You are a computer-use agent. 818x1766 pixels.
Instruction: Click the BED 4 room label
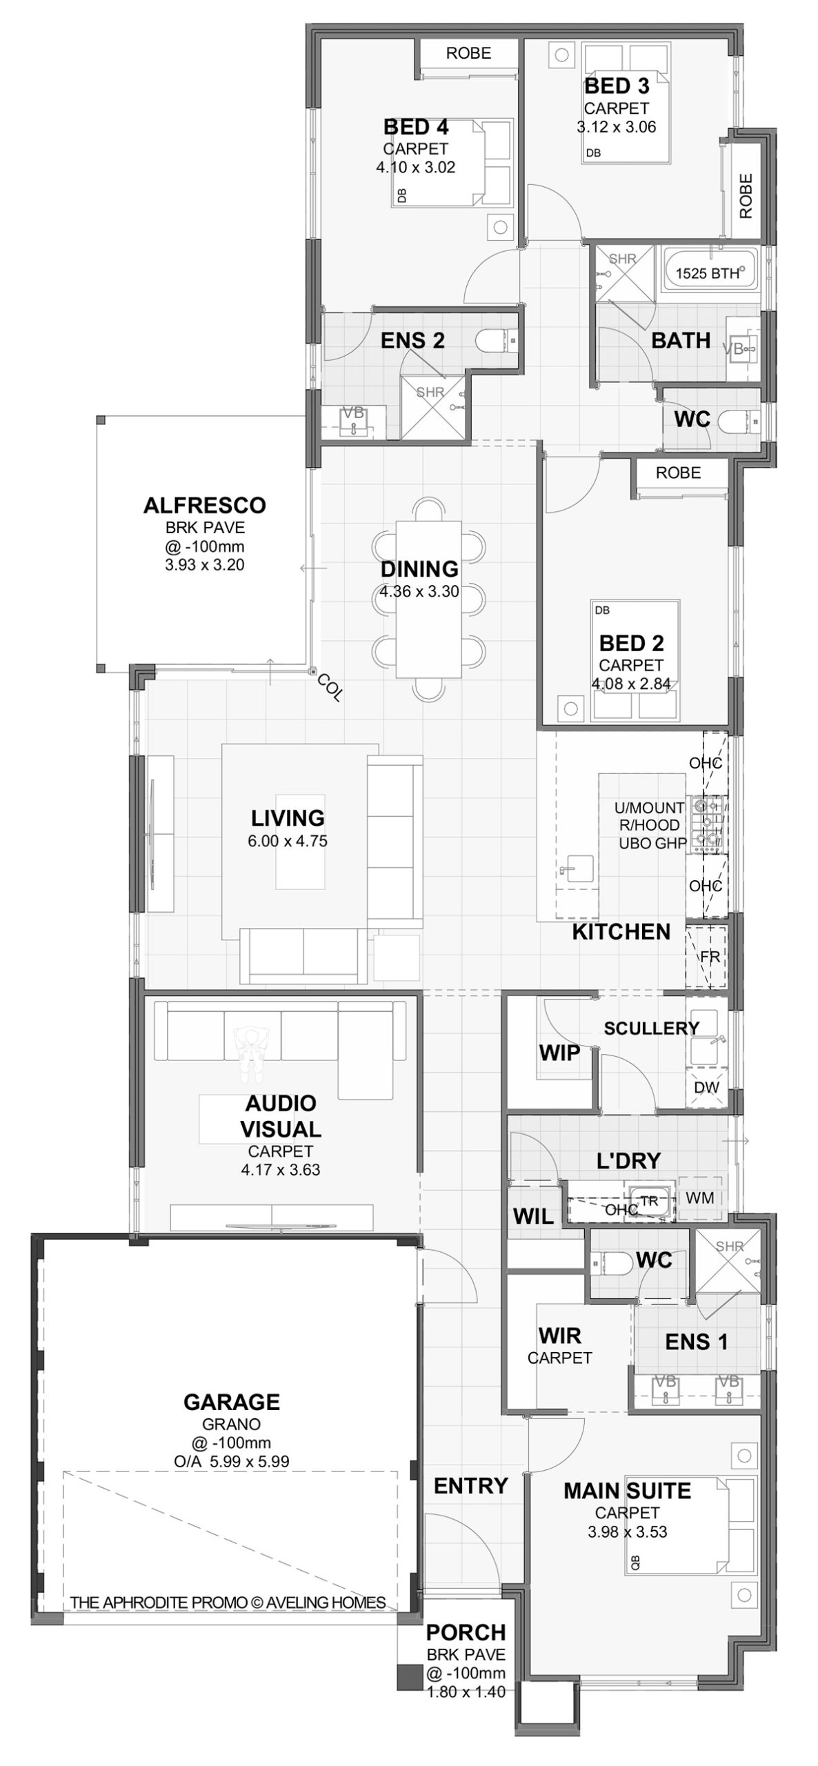pos(415,127)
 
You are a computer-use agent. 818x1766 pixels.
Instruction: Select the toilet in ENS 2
pos(496,340)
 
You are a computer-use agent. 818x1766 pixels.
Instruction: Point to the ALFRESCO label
pos(204,505)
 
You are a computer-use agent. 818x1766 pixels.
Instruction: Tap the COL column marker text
pos(330,687)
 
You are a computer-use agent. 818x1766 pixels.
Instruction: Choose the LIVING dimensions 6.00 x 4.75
pos(288,841)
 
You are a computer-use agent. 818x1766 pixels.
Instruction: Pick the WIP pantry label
pos(559,1053)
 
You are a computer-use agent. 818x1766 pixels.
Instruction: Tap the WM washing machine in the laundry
pos(699,1198)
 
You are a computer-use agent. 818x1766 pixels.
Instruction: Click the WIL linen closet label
pos(533,1217)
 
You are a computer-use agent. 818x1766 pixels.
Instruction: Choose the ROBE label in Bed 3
pos(746,196)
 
